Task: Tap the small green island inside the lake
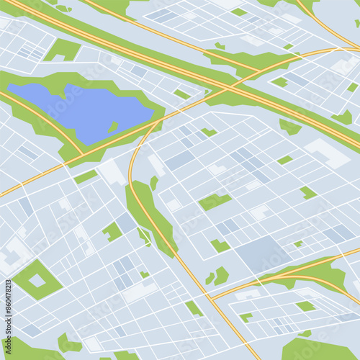tap(113, 127)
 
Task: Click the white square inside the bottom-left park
tap(37, 280)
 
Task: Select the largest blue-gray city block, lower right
tap(263, 253)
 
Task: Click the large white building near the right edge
tap(327, 153)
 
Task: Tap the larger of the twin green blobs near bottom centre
tap(222, 274)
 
